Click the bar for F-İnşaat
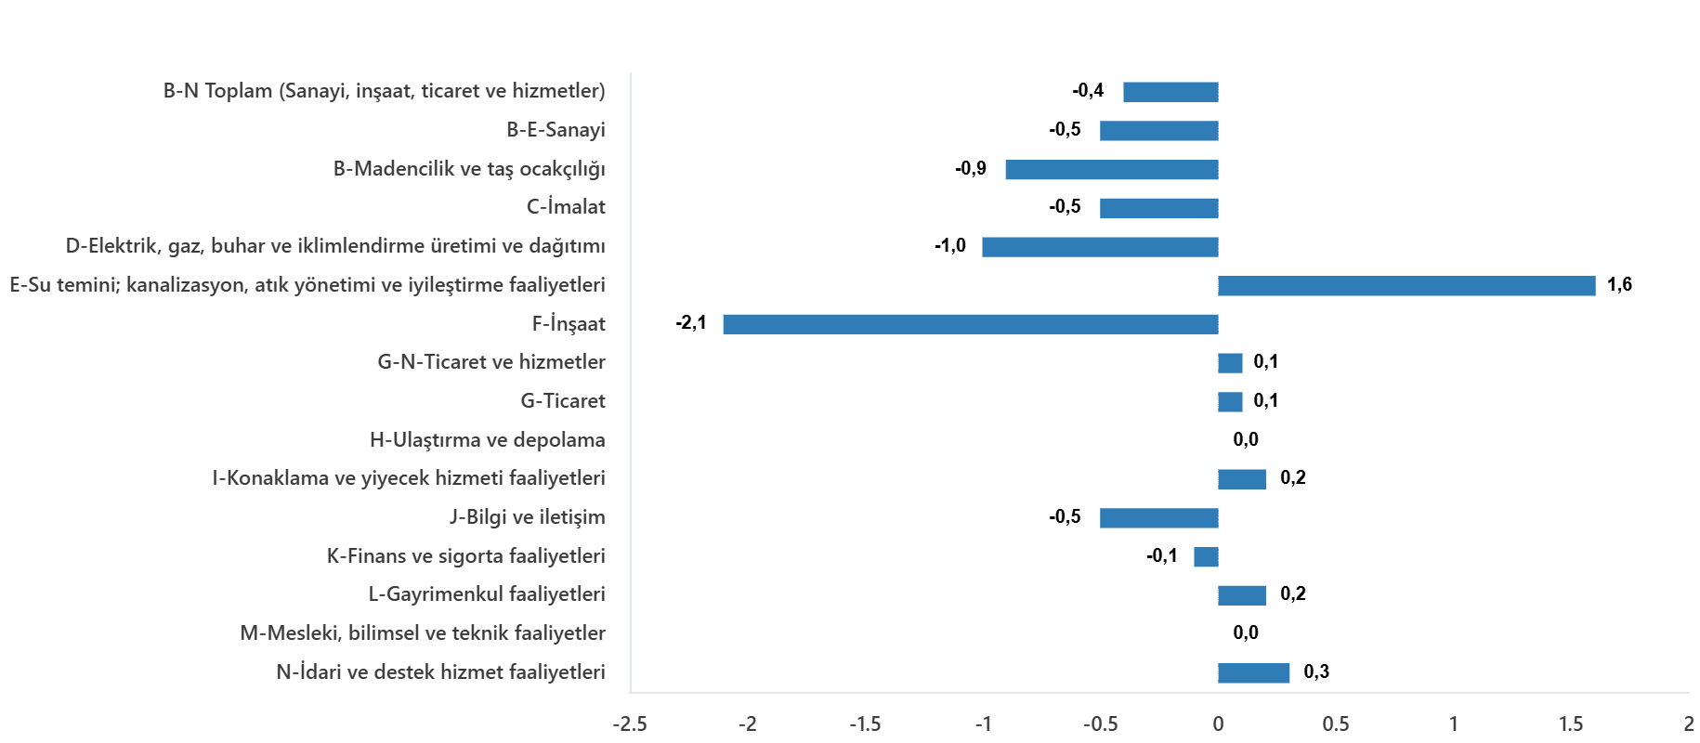click(970, 324)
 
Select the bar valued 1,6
click(1406, 286)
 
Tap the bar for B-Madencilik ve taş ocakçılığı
click(1111, 170)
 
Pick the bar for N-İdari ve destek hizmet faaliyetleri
click(1254, 673)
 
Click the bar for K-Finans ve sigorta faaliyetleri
click(1206, 557)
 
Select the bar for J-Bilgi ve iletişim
click(1158, 518)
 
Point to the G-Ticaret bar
click(1230, 402)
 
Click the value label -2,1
click(691, 323)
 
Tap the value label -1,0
click(950, 246)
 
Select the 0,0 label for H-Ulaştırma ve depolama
click(1246, 439)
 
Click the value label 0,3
click(1316, 671)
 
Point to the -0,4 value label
click(1088, 91)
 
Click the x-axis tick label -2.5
click(630, 723)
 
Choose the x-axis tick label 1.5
click(1571, 723)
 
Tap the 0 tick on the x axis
click(1218, 723)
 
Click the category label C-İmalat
click(566, 207)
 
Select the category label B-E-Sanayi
click(556, 130)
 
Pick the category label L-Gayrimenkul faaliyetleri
click(487, 594)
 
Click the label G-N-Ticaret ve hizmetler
click(491, 362)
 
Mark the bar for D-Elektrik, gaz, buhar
click(1100, 247)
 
